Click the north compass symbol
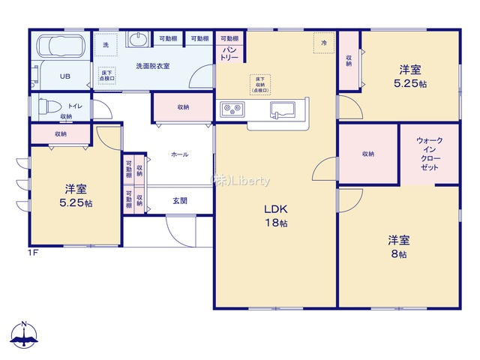(24, 337)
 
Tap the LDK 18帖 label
(275, 216)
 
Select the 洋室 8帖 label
(398, 247)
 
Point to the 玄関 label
(180, 200)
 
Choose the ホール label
(180, 154)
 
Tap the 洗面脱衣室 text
(152, 66)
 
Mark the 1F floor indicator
(34, 253)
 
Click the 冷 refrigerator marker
(324, 43)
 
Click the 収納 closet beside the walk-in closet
(367, 154)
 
